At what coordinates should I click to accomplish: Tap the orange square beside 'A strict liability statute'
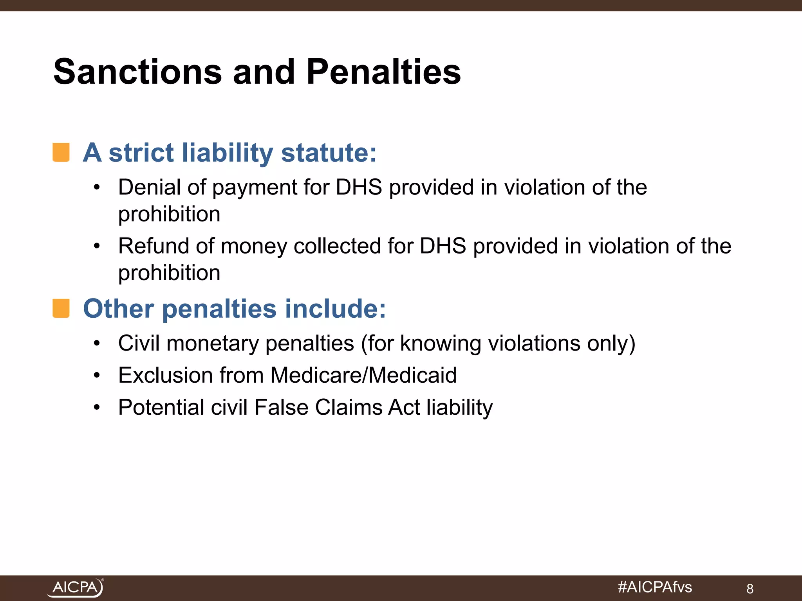pyautogui.click(x=61, y=152)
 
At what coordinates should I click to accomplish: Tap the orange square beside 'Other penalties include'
pyautogui.click(x=61, y=308)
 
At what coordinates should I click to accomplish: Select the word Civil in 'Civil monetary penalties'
pyautogui.click(x=139, y=343)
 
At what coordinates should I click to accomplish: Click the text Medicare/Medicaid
pyautogui.click(x=363, y=375)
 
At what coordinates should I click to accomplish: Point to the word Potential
pyautogui.click(x=161, y=407)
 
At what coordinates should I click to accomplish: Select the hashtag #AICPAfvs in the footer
pyautogui.click(x=655, y=587)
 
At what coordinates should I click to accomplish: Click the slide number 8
pyautogui.click(x=750, y=588)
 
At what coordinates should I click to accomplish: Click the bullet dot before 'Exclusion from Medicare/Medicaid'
pyautogui.click(x=97, y=376)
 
